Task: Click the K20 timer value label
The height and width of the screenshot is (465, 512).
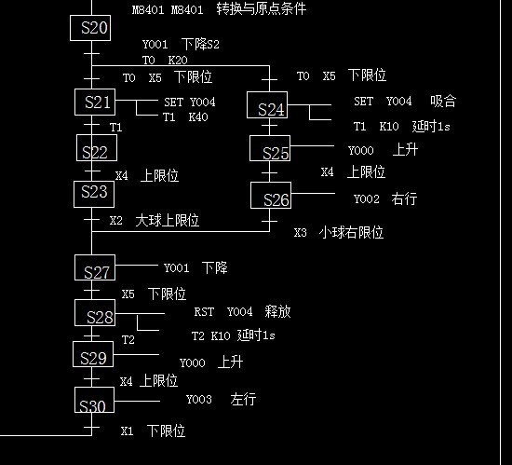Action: pos(178,61)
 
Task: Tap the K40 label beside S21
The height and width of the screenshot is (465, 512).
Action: pos(198,116)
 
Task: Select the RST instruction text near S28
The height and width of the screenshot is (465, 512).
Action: pos(204,312)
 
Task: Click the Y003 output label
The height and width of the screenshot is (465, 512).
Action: pos(199,400)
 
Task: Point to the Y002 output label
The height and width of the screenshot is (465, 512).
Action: pos(367,198)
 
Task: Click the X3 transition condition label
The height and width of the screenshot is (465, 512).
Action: pos(300,232)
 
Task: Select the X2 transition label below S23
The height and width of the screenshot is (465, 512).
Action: pos(116,220)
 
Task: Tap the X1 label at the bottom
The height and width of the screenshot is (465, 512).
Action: pos(127,431)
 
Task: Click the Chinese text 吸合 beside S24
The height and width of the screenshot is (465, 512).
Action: pos(443,101)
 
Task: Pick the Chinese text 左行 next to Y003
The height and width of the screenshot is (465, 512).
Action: pos(243,399)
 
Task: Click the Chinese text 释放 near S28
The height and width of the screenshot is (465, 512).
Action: pos(277,311)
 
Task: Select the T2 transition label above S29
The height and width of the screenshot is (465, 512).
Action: pos(128,340)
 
